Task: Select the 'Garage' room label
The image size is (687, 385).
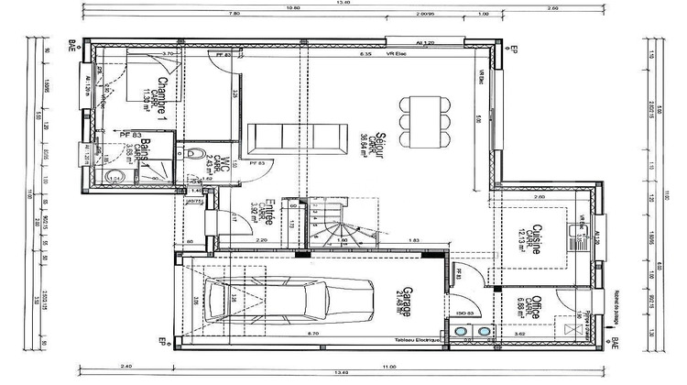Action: tap(404, 298)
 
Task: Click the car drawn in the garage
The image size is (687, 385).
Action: tap(289, 297)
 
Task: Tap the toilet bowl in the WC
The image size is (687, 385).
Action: tap(193, 155)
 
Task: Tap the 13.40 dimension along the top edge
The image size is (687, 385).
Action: tap(343, 3)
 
